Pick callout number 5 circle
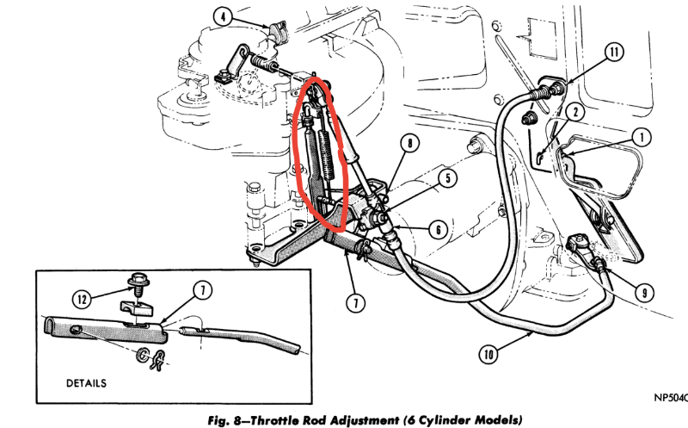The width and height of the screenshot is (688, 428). coord(446,179)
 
